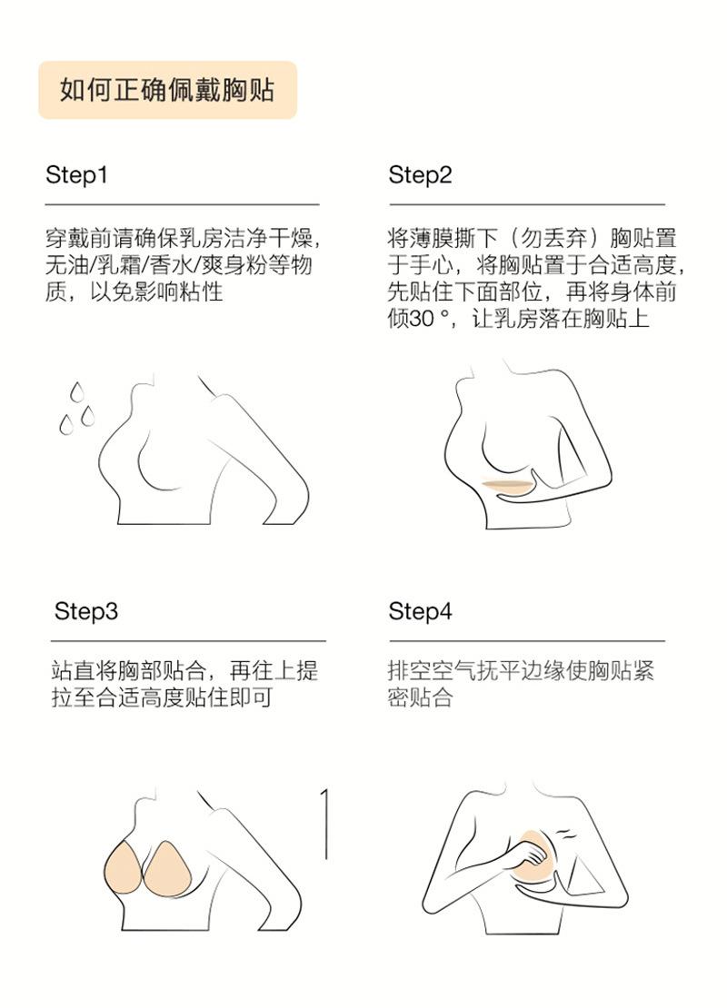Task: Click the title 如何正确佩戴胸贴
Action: tap(167, 90)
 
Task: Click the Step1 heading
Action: tap(76, 175)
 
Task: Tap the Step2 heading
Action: tap(420, 175)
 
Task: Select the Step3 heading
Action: tap(86, 611)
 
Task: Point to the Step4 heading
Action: tap(420, 611)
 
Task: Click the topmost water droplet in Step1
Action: tap(76, 390)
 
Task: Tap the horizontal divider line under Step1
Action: tap(182, 204)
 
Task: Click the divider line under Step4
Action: tap(527, 641)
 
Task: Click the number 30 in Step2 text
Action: tap(422, 319)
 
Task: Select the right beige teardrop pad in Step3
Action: tap(168, 868)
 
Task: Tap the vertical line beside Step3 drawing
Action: tap(325, 825)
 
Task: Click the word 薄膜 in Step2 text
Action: tap(433, 239)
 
